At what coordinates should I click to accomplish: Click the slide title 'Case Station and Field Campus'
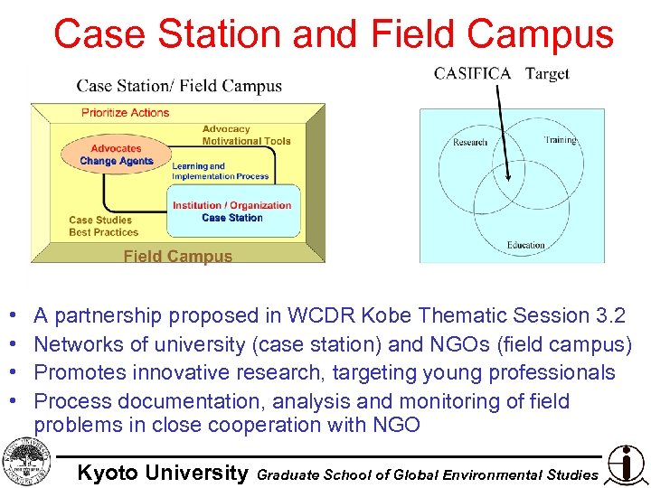point(334,34)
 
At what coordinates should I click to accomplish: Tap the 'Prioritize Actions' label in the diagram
point(125,113)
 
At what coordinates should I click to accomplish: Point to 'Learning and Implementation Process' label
point(220,171)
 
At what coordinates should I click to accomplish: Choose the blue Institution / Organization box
point(233,211)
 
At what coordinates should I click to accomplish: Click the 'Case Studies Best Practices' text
point(102,226)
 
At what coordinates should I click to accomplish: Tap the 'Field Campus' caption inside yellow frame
point(177,257)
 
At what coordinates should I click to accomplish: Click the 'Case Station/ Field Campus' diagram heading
point(179,87)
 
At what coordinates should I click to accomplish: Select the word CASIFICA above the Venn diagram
point(472,73)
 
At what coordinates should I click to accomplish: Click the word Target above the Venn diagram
point(547,73)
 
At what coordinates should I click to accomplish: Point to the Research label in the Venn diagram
point(469,142)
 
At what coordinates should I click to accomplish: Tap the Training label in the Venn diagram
point(560,140)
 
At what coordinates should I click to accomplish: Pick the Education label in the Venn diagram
point(525,245)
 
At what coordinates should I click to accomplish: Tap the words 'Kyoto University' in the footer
point(162,473)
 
